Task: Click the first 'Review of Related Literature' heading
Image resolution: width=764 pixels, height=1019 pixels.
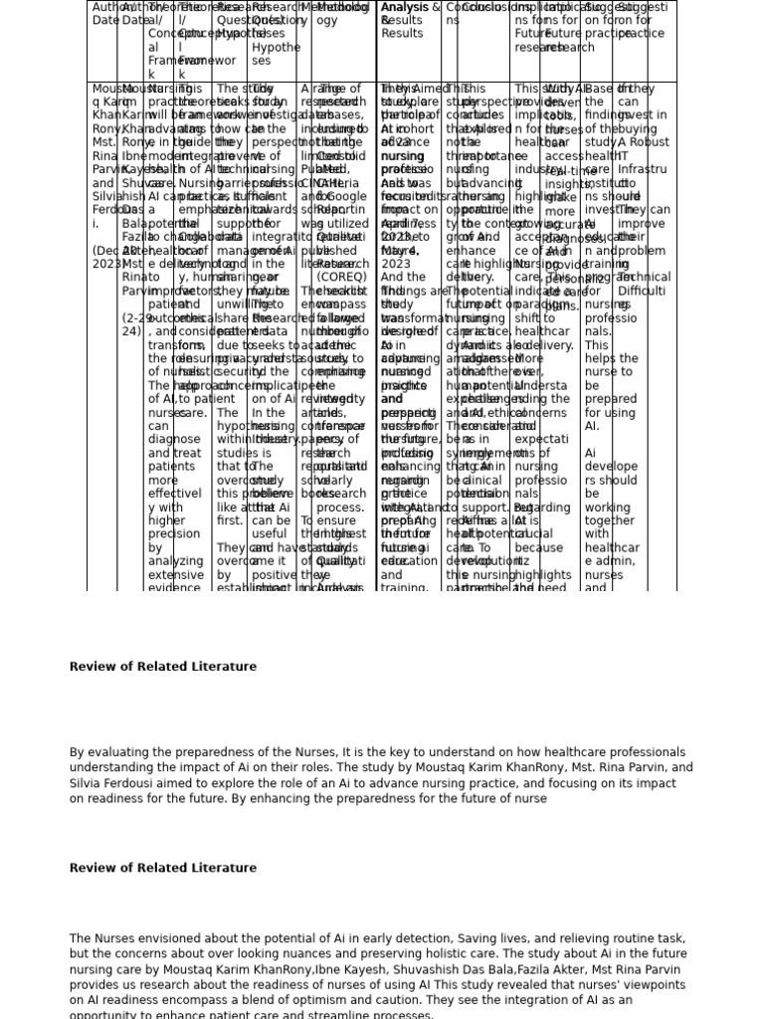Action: click(162, 667)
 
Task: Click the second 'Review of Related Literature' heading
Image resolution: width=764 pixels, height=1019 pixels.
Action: click(162, 868)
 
